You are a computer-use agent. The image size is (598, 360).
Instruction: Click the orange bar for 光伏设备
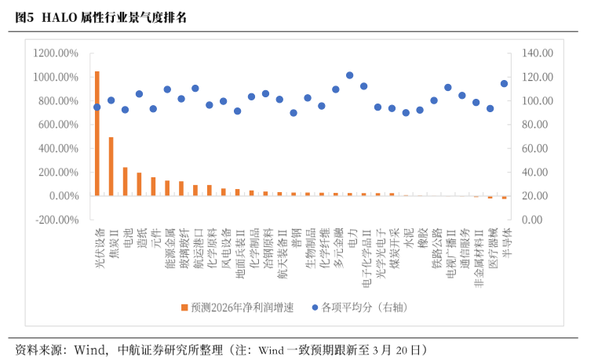point(97,133)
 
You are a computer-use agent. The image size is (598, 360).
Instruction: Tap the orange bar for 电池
point(126,181)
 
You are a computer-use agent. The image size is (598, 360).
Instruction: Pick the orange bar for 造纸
point(139,184)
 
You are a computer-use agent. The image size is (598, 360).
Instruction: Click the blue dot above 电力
point(350,75)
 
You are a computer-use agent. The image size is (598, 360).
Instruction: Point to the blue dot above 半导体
point(504,83)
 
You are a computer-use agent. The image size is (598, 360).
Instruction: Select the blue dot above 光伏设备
point(97,107)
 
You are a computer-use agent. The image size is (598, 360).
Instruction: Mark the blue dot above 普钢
point(294,113)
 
